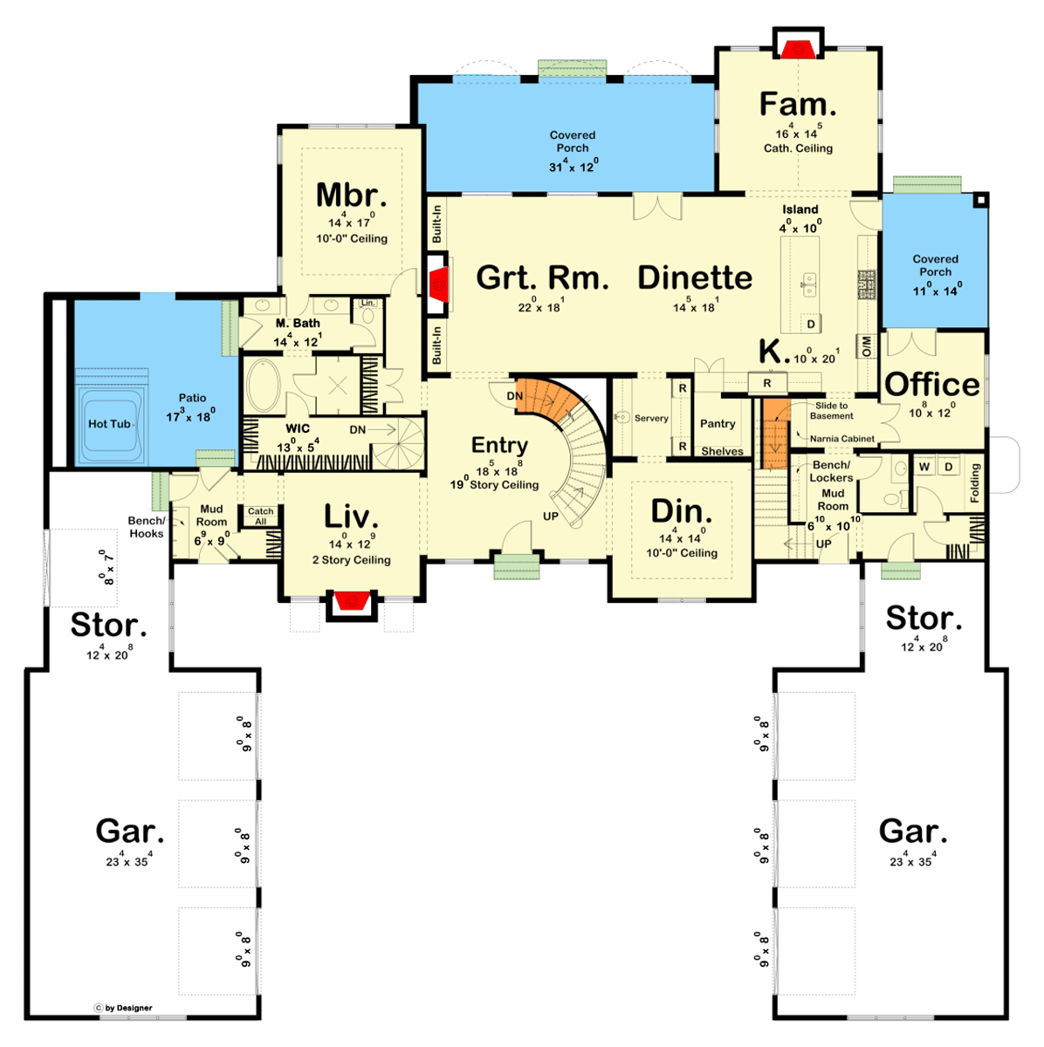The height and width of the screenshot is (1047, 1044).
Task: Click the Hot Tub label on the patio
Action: pos(109,424)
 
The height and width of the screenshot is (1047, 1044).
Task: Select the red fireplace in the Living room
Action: pos(351,601)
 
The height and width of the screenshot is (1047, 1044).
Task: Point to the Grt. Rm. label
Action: pos(542,277)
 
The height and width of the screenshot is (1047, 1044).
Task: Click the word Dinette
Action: pos(695,277)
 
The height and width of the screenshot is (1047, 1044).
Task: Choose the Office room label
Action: pos(932,384)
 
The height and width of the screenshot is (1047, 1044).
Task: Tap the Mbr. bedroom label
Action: pos(351,195)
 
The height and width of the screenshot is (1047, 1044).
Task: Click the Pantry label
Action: pos(718,423)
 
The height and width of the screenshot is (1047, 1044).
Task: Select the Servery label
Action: pos(651,419)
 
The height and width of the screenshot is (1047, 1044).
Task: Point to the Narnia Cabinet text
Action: pos(841,439)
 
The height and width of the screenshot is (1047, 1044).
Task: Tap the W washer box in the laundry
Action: pos(924,467)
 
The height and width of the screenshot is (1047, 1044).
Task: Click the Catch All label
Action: pos(260,517)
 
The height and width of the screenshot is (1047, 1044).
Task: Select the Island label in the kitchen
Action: pos(800,209)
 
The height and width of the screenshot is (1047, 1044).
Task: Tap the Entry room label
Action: pos(499,445)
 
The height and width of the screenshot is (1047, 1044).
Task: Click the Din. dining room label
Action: pos(681,511)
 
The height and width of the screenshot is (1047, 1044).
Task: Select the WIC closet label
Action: pos(298,428)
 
